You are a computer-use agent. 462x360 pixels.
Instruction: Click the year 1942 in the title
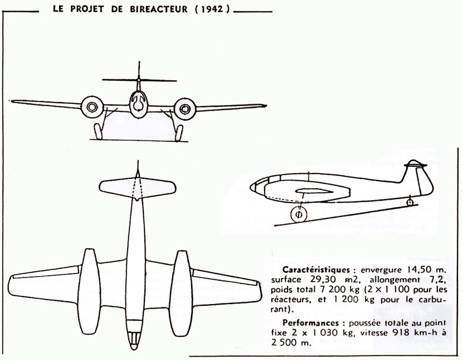[213, 9]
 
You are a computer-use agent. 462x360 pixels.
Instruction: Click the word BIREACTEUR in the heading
[158, 9]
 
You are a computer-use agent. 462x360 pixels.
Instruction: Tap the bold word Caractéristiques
[316, 269]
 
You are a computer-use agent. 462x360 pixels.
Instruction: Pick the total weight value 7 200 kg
[338, 290]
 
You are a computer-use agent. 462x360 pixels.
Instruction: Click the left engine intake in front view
[92, 107]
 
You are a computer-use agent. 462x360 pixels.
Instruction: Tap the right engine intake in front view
[185, 109]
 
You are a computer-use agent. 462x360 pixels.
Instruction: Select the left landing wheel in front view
[98, 132]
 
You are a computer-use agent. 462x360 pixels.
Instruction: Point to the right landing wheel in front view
[179, 133]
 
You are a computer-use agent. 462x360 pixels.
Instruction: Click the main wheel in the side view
[299, 215]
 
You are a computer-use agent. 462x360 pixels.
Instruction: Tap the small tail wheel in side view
[409, 202]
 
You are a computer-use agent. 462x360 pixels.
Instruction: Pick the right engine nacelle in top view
[181, 293]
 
